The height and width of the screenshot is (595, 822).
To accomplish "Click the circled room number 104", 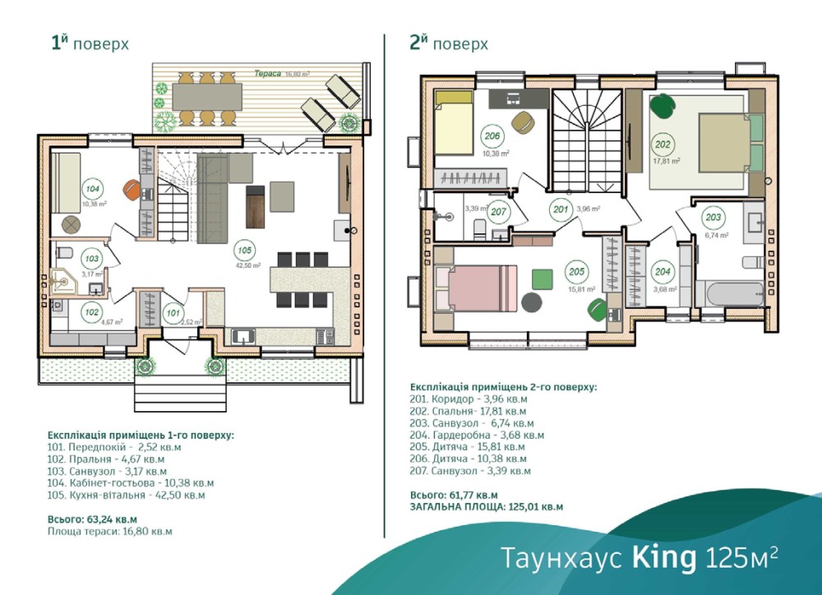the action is pyautogui.click(x=92, y=189).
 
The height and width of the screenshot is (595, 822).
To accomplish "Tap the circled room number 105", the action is pyautogui.click(x=244, y=251).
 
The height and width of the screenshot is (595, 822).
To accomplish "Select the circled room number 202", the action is pyautogui.click(x=663, y=145).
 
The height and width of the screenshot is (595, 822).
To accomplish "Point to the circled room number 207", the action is pyautogui.click(x=498, y=212).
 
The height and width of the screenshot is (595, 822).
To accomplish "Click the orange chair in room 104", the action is pyautogui.click(x=132, y=189).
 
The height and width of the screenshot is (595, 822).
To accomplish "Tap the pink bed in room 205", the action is pyautogui.click(x=475, y=288).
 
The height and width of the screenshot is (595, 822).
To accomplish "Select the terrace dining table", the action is pyautogui.click(x=207, y=98).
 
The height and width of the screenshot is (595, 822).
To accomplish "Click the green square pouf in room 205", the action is pyautogui.click(x=543, y=279).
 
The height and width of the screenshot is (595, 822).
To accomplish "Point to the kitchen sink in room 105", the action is pyautogui.click(x=242, y=335).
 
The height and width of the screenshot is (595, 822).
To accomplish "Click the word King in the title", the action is pyautogui.click(x=664, y=557).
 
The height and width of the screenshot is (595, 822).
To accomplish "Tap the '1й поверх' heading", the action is pyautogui.click(x=90, y=43).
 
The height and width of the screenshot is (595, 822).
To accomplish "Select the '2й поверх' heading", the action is pyautogui.click(x=449, y=43).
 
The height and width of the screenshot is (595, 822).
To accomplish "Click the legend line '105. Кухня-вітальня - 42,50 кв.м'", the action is pyautogui.click(x=126, y=495).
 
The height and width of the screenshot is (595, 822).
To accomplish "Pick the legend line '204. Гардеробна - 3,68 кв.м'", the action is pyautogui.click(x=477, y=435).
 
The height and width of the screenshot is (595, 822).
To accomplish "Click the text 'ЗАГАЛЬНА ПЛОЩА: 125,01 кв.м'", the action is pyautogui.click(x=487, y=507).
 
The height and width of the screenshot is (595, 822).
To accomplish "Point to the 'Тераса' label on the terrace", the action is pyautogui.click(x=267, y=73).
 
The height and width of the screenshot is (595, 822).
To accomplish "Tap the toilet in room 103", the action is pyautogui.click(x=64, y=252).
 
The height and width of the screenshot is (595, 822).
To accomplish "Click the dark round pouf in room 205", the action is pyautogui.click(x=532, y=303).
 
